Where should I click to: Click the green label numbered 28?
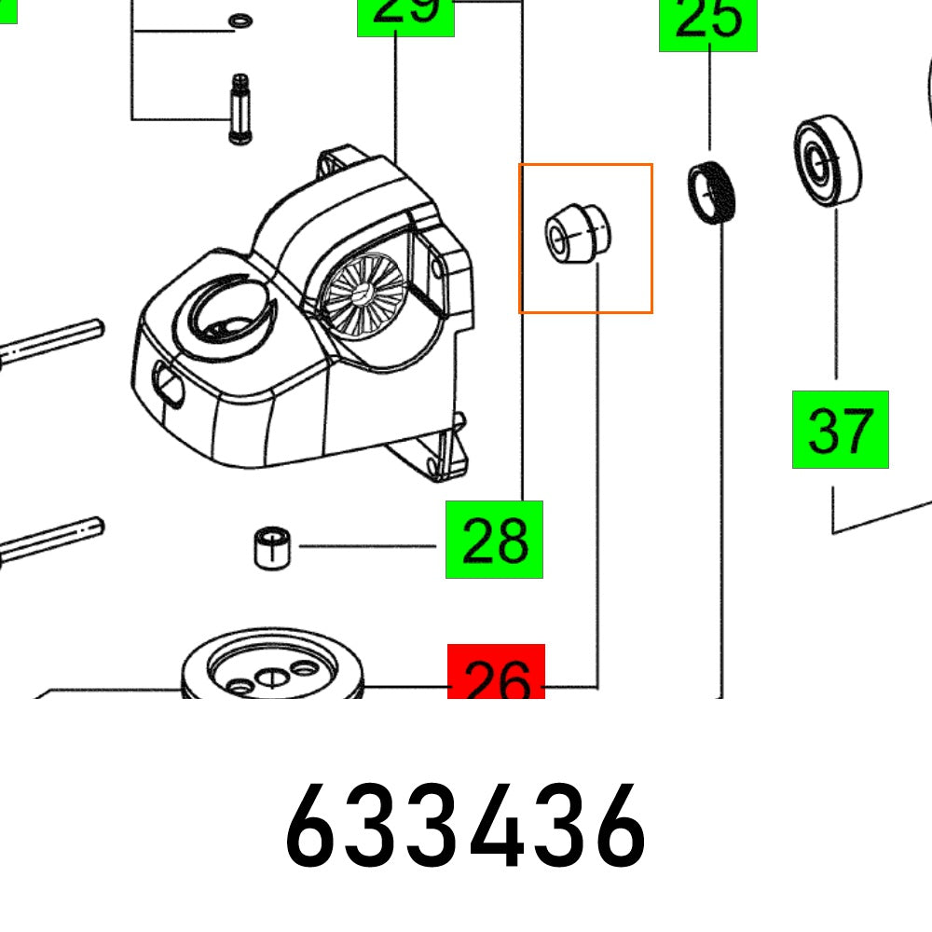click(x=494, y=540)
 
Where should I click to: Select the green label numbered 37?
click(x=840, y=430)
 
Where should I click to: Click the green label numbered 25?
click(x=708, y=24)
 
